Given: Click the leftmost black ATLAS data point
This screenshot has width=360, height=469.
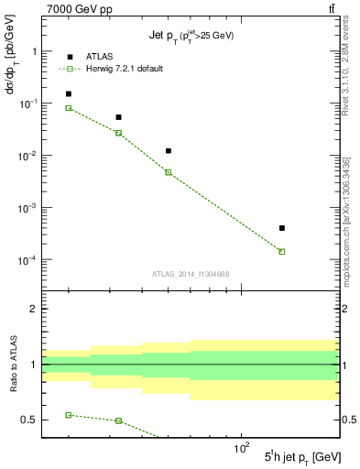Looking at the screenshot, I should click(69, 93).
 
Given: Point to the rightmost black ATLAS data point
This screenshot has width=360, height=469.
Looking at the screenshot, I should click(282, 228).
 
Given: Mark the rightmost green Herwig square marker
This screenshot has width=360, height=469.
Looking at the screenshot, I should click(282, 251).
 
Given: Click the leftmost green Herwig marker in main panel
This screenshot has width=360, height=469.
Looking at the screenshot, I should click(69, 108).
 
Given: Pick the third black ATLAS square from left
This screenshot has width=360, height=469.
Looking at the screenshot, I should click(169, 150).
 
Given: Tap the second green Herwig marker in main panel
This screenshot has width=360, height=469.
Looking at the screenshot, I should click(118, 133).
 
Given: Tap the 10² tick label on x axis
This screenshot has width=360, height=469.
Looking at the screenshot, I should click(242, 448).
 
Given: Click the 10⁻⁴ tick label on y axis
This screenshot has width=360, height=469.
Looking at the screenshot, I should click(26, 260).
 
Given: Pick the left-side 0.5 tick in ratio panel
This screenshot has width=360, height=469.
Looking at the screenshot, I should click(30, 420).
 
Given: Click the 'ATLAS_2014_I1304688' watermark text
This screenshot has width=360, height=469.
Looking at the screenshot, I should click(191, 274).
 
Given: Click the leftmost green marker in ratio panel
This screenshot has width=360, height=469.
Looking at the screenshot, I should click(69, 415).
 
